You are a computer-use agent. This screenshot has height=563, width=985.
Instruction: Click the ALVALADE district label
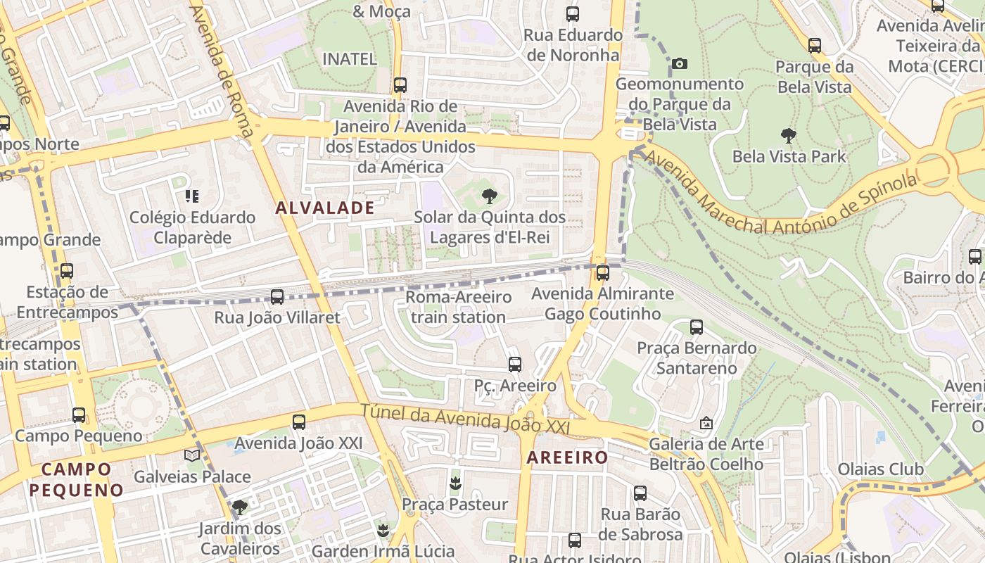coord(324,208)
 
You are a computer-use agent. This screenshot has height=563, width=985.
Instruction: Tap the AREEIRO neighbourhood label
coord(567,457)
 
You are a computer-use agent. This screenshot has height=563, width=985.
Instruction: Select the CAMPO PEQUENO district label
coord(76,479)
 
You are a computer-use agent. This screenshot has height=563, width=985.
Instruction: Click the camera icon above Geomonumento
coord(679,63)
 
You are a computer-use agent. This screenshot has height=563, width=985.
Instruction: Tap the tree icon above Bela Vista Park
coord(789,135)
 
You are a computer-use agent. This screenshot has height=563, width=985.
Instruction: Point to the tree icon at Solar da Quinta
coord(489,196)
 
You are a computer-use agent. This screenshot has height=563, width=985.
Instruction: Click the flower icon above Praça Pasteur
coord(455,483)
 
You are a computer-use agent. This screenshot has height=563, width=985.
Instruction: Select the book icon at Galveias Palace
coord(192,455)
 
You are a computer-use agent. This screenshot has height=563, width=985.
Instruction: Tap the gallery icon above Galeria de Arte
coord(706,423)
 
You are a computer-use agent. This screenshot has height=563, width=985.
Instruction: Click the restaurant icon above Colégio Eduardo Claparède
coord(191,196)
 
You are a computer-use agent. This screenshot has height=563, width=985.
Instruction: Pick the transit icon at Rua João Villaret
coord(277,297)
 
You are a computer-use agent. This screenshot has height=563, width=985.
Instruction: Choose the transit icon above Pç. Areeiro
coord(515,365)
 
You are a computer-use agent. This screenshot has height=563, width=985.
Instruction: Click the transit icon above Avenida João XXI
coord(299,422)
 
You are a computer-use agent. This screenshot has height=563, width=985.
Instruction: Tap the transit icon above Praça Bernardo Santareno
coord(697,327)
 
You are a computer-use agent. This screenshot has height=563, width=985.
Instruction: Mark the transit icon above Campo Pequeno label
coord(79,415)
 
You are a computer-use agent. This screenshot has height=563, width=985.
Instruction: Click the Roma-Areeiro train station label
coord(458,307)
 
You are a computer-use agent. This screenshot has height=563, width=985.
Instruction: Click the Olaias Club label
coord(880,469)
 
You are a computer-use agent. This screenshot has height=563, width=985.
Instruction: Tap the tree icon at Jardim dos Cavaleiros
coord(240,507)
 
